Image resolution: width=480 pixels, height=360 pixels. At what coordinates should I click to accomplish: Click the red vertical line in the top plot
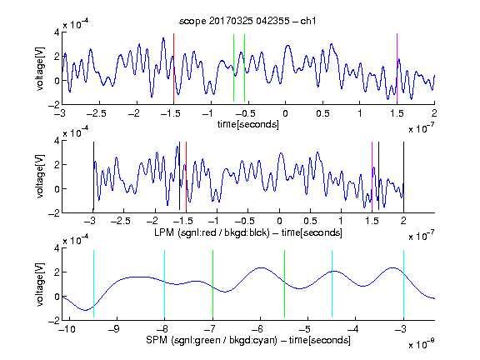(173, 67)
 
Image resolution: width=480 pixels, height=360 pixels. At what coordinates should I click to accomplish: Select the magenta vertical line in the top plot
(397, 67)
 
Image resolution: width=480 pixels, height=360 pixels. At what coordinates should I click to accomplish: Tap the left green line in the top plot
(233, 67)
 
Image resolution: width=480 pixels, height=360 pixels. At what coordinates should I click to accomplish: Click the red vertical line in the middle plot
(186, 177)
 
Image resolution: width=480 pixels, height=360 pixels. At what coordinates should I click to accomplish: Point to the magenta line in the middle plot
(372, 177)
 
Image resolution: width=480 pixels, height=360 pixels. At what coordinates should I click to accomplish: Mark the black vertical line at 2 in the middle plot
(403, 177)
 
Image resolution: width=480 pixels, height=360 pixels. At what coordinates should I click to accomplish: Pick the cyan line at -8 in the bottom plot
(164, 284)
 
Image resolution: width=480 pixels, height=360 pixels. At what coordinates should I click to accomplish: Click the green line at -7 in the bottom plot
(212, 284)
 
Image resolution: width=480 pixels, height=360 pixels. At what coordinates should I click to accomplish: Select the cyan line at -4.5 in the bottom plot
(332, 284)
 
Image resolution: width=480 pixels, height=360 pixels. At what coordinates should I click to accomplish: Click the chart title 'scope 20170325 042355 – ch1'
(247, 21)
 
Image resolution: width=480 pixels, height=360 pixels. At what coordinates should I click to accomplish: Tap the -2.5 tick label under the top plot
(97, 113)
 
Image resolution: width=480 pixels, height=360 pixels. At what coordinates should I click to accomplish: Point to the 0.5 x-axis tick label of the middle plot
(310, 221)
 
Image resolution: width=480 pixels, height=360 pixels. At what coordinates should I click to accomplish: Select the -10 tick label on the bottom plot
(67, 329)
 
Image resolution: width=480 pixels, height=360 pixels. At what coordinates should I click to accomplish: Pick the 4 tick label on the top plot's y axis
(57, 32)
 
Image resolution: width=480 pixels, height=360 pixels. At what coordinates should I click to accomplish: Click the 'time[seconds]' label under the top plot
(248, 124)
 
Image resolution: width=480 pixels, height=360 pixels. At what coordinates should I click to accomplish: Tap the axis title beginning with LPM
(248, 232)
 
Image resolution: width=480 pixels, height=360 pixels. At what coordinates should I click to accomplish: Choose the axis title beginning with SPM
(248, 340)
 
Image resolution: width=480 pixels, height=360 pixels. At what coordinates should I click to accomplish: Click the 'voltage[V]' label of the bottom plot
(40, 284)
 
